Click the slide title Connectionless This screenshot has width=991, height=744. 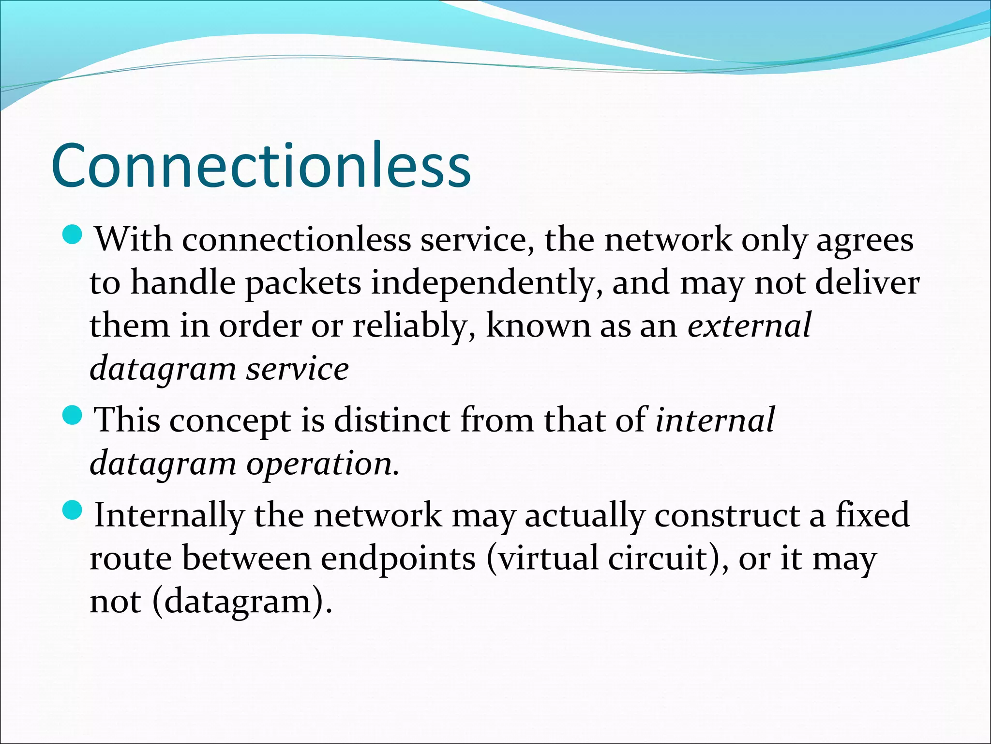pos(261,166)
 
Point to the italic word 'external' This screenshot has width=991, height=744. pos(749,325)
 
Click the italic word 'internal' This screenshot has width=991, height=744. pos(715,419)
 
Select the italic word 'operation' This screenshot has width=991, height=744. pos(322,464)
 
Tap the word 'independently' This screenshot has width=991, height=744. pos(487,283)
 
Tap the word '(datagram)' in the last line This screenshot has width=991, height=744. pos(242,602)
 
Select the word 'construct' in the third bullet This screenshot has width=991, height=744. pos(727,514)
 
